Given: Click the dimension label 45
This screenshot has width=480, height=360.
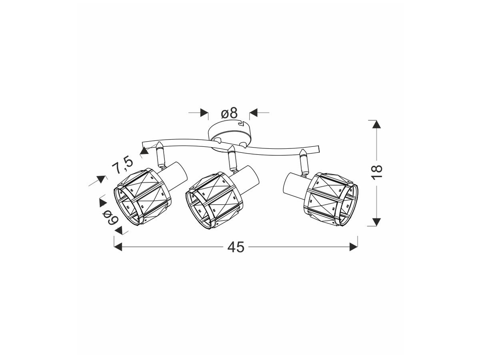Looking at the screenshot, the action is click(x=236, y=248).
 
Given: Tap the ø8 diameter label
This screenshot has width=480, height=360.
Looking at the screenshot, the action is click(x=229, y=113).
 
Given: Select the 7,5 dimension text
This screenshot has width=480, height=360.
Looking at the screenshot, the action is click(x=123, y=165).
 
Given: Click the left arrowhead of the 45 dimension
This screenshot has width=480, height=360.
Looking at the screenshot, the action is click(x=118, y=247).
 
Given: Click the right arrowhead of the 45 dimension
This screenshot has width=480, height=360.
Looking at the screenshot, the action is click(x=354, y=247).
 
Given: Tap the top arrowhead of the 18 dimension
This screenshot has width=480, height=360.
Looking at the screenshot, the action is click(x=376, y=124).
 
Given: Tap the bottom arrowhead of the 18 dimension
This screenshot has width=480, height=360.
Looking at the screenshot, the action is click(x=376, y=222).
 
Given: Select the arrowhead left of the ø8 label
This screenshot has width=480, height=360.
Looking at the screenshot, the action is click(x=204, y=113).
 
